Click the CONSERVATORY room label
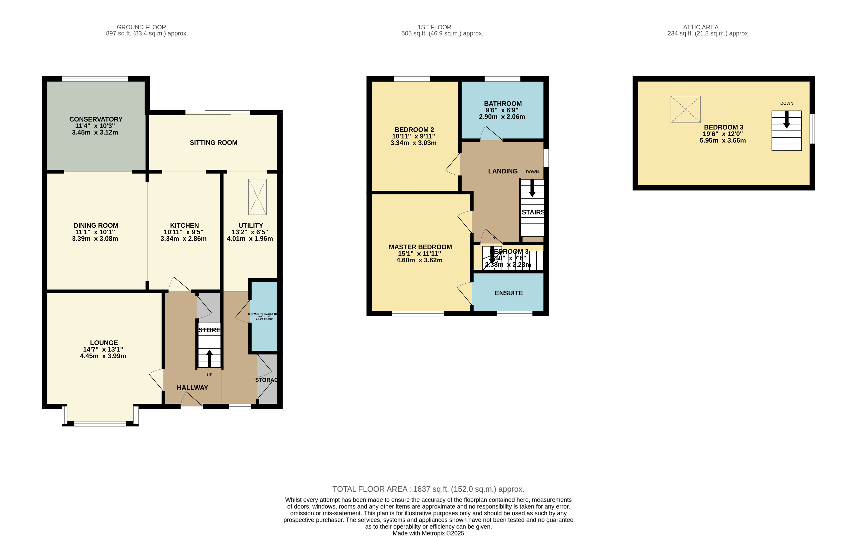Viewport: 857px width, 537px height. pos(96,119)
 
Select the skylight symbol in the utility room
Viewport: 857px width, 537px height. pos(257,197)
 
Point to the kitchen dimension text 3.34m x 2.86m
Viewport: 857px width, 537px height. pos(184,239)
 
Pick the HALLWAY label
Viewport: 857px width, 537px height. pos(192,388)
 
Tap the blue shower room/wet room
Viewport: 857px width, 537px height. pos(264,316)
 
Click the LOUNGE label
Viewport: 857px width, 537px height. pos(104,343)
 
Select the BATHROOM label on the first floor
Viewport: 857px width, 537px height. pos(502,104)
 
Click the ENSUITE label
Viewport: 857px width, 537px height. pos(509,293)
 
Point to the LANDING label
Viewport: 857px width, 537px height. pos(502,171)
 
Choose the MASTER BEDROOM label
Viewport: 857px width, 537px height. pos(420,247)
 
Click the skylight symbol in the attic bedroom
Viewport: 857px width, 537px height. pos(685,109)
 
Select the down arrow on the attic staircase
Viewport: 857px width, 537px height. pos(786,120)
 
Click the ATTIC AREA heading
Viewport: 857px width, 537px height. pos(701,27)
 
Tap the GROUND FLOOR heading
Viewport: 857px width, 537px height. pos(141,27)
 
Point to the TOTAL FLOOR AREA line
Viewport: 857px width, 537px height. pos(428,489)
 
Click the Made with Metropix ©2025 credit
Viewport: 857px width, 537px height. pos(428,533)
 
